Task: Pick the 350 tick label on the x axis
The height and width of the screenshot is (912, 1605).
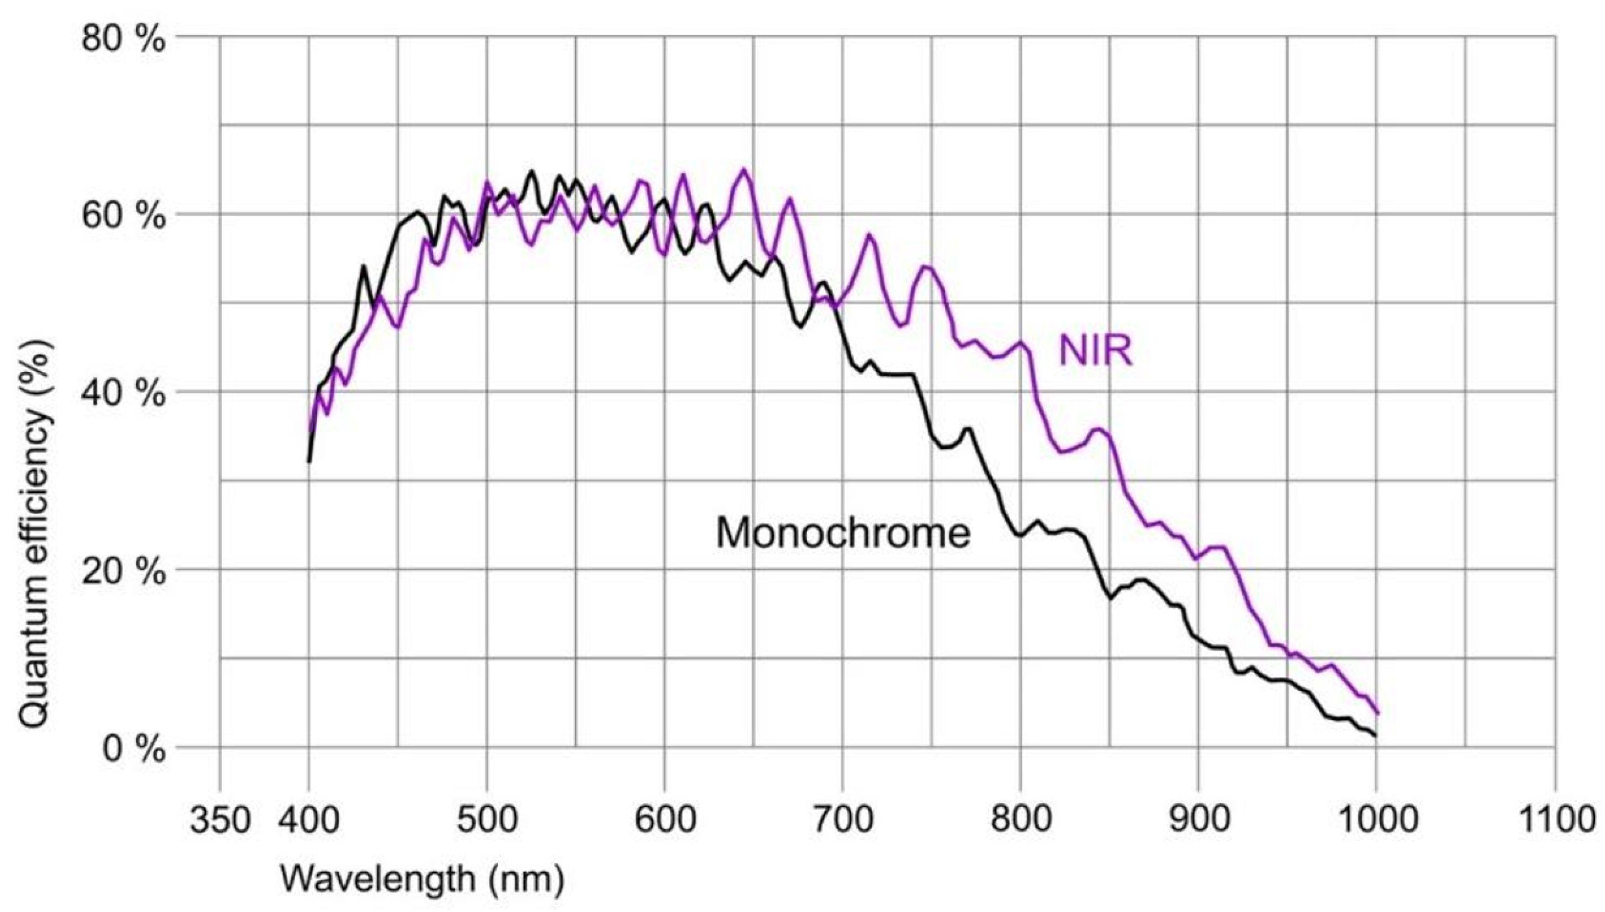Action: click(220, 820)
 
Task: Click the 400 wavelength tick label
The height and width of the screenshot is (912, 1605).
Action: click(309, 820)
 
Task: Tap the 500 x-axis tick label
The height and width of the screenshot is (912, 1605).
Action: click(487, 820)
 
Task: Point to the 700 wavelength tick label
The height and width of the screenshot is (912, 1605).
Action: click(843, 820)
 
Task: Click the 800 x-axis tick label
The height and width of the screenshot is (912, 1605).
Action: click(1021, 820)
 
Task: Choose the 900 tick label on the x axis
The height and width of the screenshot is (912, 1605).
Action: click(1199, 820)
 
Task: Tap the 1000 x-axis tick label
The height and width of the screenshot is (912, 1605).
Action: click(1376, 820)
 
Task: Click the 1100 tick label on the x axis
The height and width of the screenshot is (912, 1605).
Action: click(1554, 820)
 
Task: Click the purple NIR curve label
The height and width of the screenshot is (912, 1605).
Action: click(1096, 352)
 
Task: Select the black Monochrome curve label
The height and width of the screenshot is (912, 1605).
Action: click(843, 534)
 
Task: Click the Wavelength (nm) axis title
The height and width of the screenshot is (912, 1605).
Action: click(421, 879)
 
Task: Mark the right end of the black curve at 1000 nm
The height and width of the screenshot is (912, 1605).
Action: click(1376, 735)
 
